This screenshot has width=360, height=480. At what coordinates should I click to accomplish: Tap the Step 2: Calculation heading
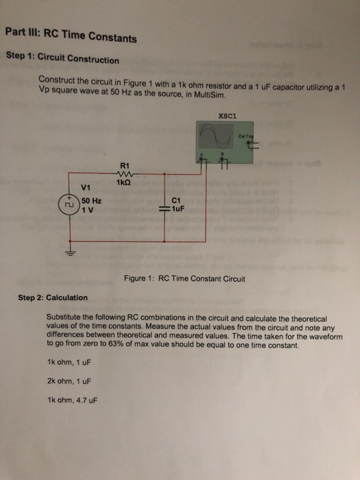pos(53,298)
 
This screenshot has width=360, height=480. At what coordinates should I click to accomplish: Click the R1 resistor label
pos(124,165)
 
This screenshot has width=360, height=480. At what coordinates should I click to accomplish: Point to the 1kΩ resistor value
pos(124,183)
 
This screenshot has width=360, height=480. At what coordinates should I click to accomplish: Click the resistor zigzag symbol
pos(125,173)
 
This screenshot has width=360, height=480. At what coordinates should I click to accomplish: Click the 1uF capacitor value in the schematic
pos(179,208)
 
